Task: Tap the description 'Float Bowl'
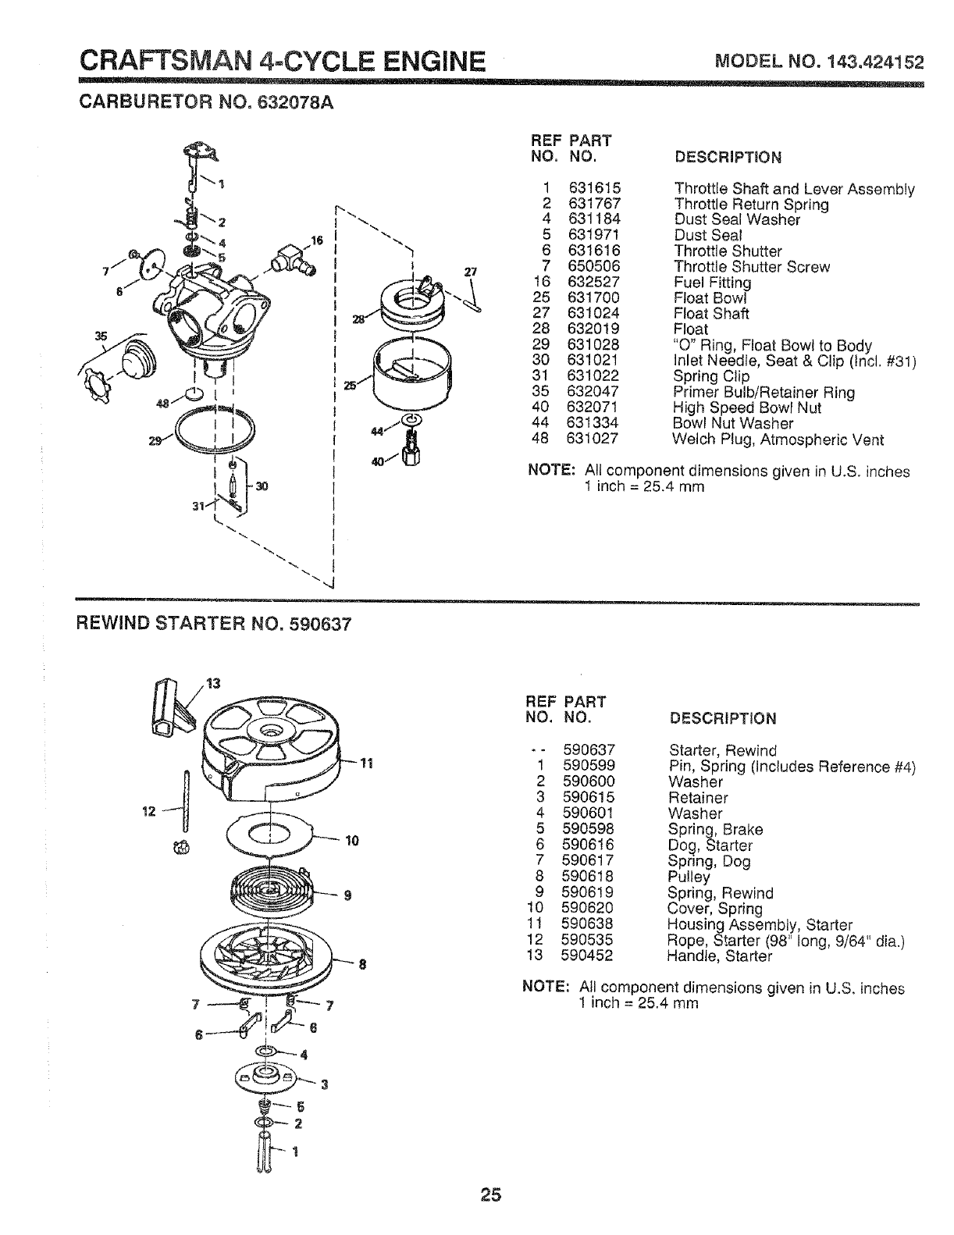click(x=710, y=298)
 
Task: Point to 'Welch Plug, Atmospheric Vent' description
click(x=778, y=440)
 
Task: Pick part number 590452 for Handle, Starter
click(x=588, y=956)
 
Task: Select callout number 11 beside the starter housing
click(x=367, y=764)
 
